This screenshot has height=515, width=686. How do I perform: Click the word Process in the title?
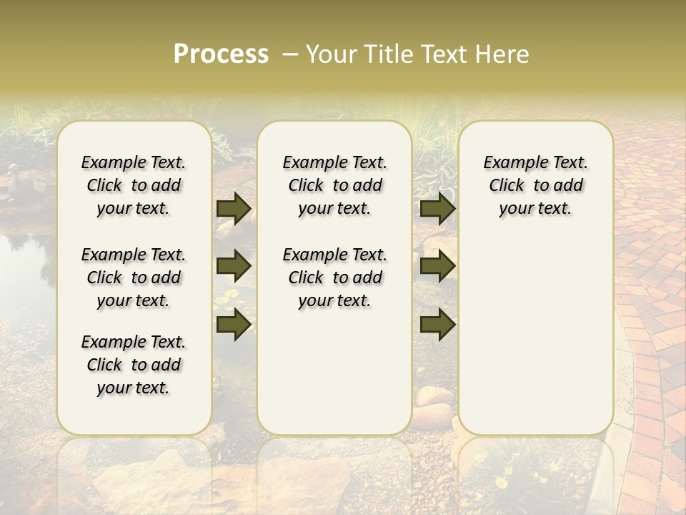221,54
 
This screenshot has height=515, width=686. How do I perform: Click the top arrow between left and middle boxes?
234,208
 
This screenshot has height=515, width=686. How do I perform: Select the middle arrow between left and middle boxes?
234,266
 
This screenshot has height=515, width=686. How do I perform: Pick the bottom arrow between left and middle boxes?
234,324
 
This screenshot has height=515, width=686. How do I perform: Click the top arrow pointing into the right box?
437,208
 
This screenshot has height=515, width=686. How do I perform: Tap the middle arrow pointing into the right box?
437,266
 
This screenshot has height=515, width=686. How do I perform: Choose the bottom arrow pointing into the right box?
437,324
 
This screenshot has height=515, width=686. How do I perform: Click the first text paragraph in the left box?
134,185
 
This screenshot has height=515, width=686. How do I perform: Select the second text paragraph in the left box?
134,278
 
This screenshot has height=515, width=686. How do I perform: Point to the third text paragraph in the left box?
134,365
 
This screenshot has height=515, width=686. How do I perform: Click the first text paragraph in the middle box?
334,185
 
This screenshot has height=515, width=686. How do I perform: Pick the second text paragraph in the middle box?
334,278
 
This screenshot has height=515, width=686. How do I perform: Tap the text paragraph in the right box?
536,185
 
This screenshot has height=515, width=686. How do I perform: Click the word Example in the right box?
512,163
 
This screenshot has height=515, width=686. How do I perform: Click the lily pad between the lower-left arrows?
227,299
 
